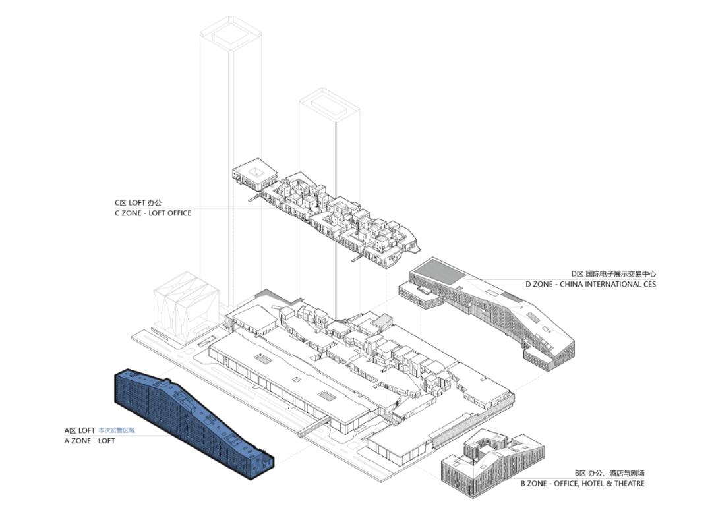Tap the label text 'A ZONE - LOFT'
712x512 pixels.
click(90, 440)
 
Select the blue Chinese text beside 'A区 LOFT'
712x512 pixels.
click(116, 430)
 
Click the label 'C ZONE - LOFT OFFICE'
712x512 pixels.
click(153, 213)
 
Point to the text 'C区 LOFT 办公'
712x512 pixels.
click(138, 203)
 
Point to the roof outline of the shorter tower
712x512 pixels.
click(329, 103)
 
